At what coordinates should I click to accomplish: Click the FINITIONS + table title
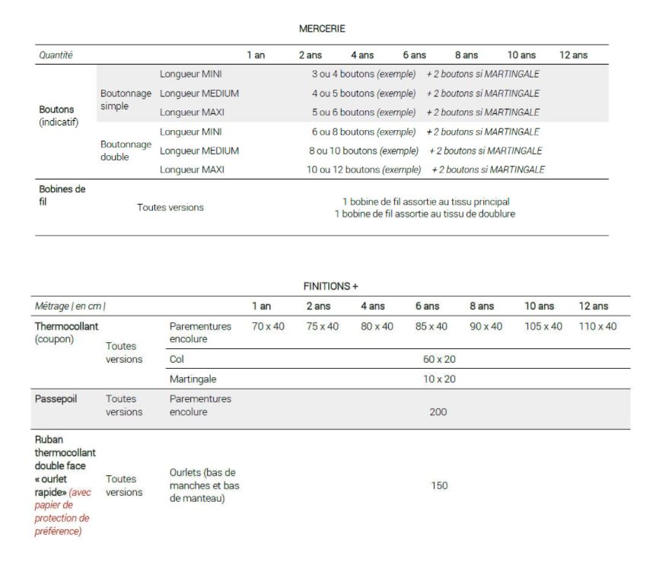[x=329, y=286]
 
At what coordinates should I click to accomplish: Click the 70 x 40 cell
[x=268, y=326]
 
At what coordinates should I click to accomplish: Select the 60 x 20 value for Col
[x=439, y=359]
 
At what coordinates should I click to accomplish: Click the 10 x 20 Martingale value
[x=439, y=379]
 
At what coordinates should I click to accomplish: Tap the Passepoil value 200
[x=438, y=411]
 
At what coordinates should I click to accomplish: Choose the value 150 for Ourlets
[x=439, y=485]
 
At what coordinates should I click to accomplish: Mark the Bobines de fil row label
[x=62, y=195]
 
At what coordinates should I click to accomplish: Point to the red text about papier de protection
[x=62, y=511]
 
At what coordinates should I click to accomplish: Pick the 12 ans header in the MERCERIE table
[x=573, y=55]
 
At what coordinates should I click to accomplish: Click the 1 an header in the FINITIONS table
[x=261, y=306]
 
